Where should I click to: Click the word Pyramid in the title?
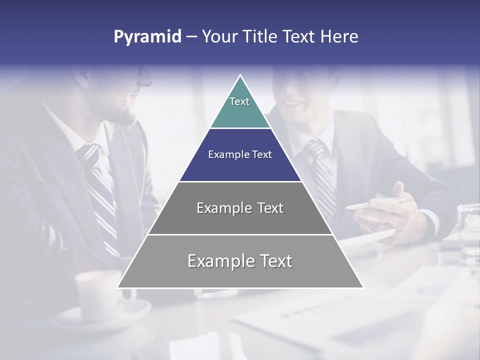[x=147, y=37]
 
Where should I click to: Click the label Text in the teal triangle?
[x=239, y=101]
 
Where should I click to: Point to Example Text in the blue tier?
[x=240, y=154]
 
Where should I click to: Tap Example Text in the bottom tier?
[x=240, y=261]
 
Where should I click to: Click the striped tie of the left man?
[x=100, y=190]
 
